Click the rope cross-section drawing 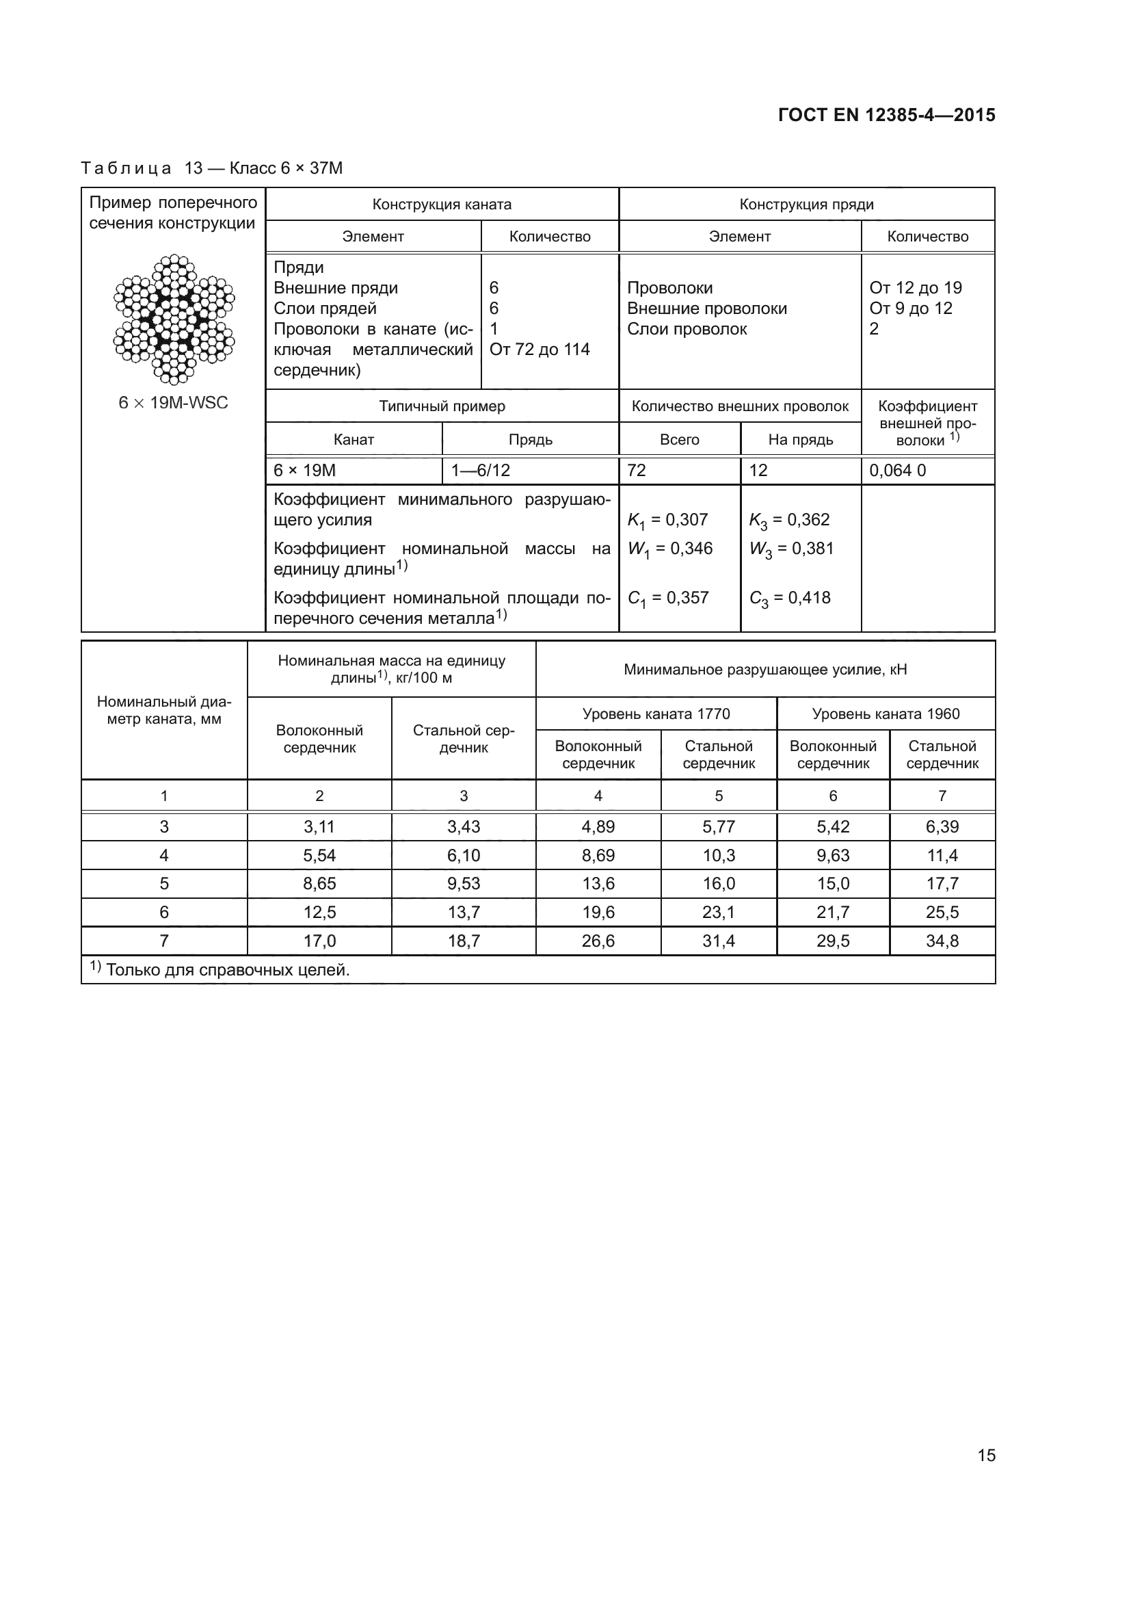pos(174,320)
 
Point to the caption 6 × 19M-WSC pos(174,403)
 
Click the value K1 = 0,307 pos(667,520)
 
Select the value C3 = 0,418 pos(789,598)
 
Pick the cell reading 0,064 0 pos(897,471)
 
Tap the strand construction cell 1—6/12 pos(481,471)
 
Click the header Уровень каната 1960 pos(885,713)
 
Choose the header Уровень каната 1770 pos(656,713)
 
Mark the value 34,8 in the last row pos(942,941)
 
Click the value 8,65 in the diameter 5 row pos(319,884)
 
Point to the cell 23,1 pos(718,913)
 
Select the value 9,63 pos(833,855)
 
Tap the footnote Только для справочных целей pos(227,970)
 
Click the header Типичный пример pos(442,406)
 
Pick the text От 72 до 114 pos(539,349)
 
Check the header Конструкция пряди pos(806,204)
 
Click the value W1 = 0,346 pos(669,549)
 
